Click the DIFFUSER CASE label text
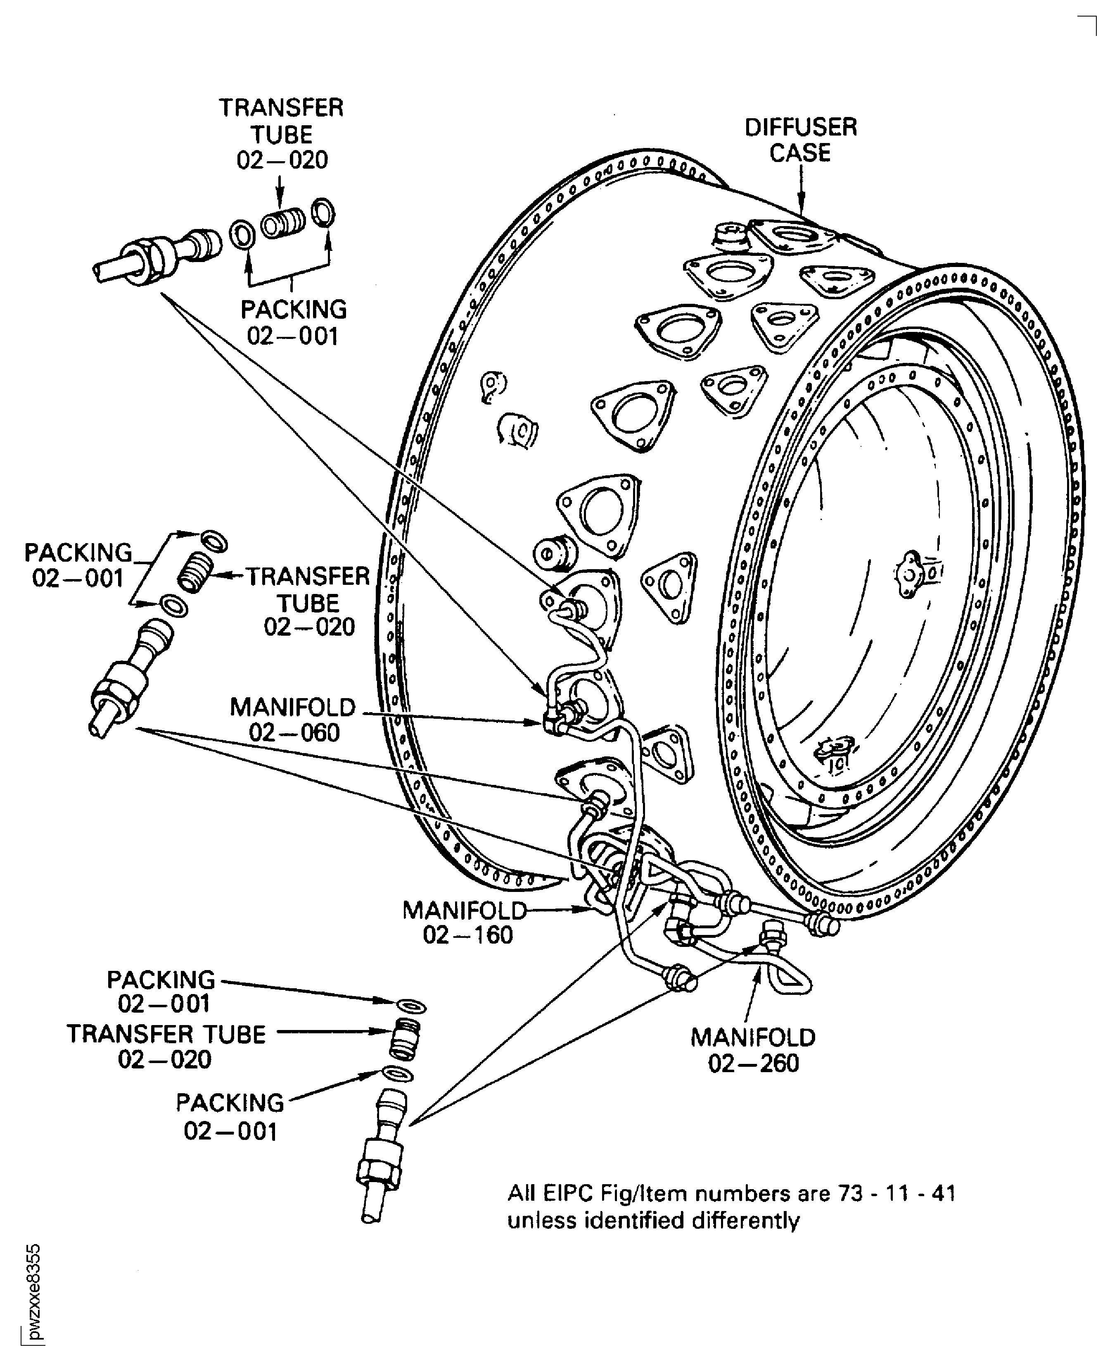click(x=801, y=140)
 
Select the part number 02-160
click(x=468, y=935)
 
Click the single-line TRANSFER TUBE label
click(x=166, y=1035)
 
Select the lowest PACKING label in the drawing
click(x=230, y=1103)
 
